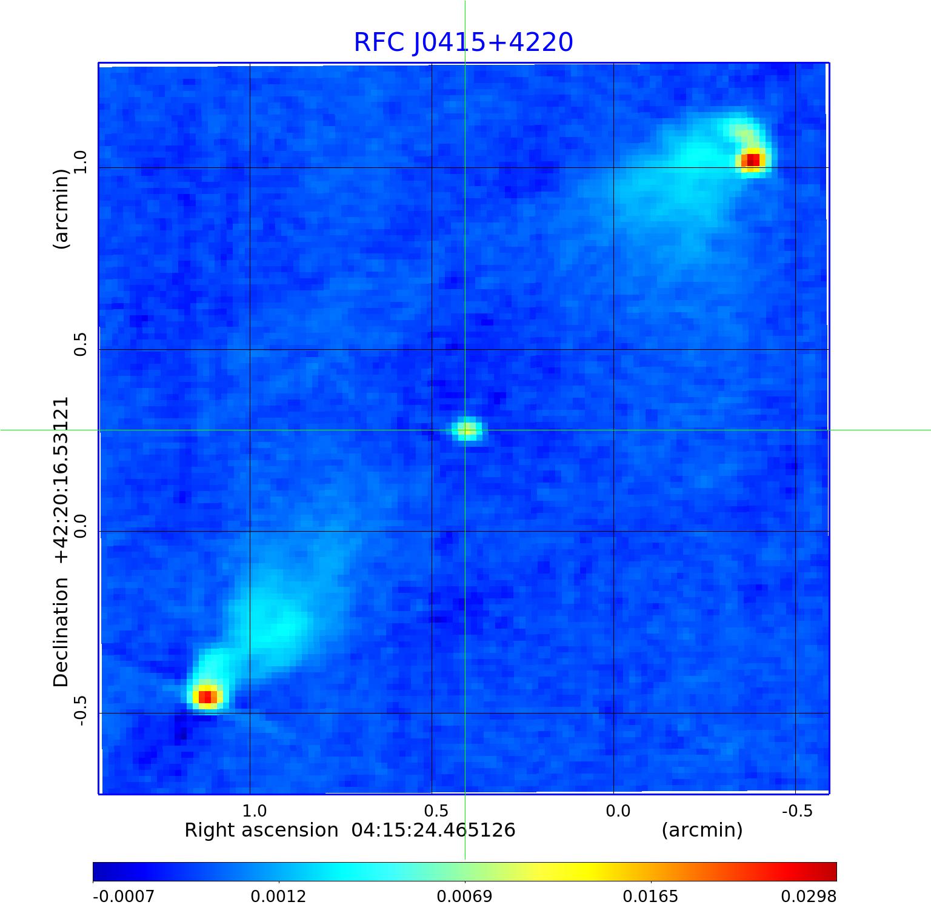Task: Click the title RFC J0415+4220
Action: click(x=463, y=42)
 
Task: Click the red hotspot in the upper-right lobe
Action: click(x=752, y=160)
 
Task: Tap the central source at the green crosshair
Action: click(x=466, y=430)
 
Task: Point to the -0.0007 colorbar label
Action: click(x=124, y=896)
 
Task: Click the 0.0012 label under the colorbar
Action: click(x=279, y=896)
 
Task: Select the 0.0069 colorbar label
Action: click(x=465, y=896)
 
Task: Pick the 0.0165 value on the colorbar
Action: click(x=650, y=896)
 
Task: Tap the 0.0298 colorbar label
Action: click(x=809, y=896)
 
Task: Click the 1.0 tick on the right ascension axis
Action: click(x=254, y=811)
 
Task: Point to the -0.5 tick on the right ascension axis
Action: click(x=796, y=811)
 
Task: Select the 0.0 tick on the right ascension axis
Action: click(x=618, y=811)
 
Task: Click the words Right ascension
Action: click(x=261, y=830)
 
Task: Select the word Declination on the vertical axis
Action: click(x=61, y=632)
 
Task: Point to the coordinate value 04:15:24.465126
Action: click(x=433, y=830)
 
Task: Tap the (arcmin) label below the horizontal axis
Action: click(x=702, y=830)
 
